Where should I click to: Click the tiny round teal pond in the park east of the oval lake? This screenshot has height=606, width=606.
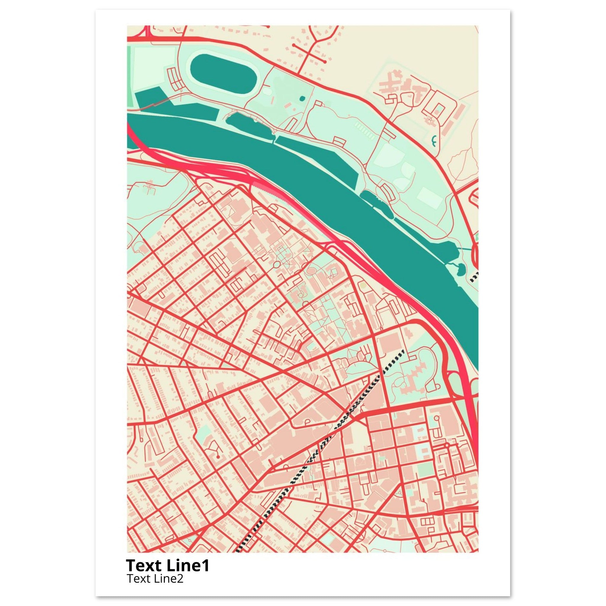(x=302, y=99)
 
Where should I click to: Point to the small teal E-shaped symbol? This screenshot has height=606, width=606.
(x=434, y=141)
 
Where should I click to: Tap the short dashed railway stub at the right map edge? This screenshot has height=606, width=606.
(x=475, y=276)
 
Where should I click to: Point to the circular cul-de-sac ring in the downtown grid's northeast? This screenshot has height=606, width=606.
(x=436, y=418)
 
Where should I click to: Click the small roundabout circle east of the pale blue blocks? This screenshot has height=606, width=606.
(x=447, y=445)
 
